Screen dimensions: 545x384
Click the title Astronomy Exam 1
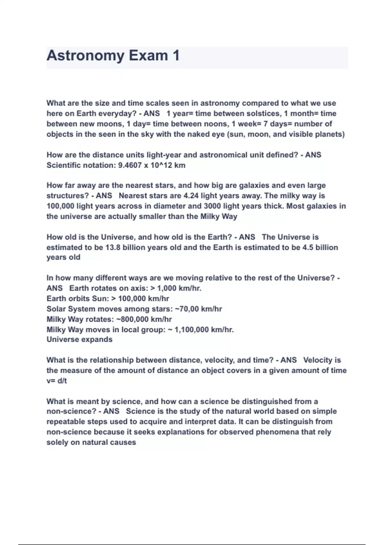113,56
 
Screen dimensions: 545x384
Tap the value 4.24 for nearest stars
191,196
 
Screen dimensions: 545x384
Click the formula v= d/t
57,381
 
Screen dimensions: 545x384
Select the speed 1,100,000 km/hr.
204,330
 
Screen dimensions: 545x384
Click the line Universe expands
79,340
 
